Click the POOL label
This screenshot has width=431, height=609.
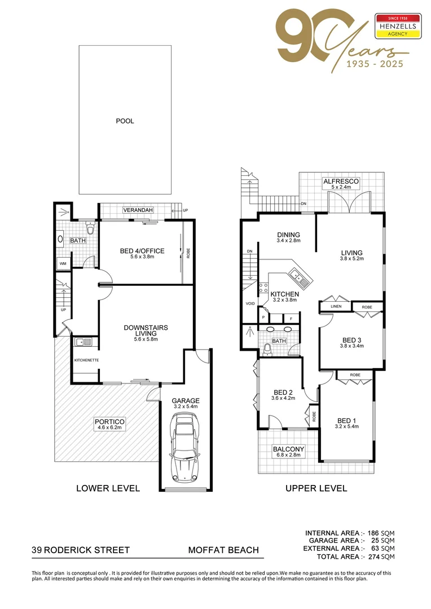(x=125, y=121)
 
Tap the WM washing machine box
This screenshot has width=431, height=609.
(x=62, y=263)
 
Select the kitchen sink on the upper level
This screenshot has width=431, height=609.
(x=296, y=276)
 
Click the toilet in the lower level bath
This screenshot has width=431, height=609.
(x=89, y=229)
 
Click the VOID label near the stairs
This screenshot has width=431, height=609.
(x=250, y=303)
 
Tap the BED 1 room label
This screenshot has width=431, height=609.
(x=347, y=421)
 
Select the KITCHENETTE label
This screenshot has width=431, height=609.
(x=86, y=360)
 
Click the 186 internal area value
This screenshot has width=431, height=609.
(x=372, y=533)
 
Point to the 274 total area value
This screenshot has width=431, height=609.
(x=372, y=557)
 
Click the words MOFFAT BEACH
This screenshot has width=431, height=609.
(x=223, y=550)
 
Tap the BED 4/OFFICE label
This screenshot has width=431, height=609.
(x=142, y=251)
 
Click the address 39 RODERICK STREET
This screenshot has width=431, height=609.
(x=81, y=550)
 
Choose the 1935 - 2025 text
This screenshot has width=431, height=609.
(x=366, y=64)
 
